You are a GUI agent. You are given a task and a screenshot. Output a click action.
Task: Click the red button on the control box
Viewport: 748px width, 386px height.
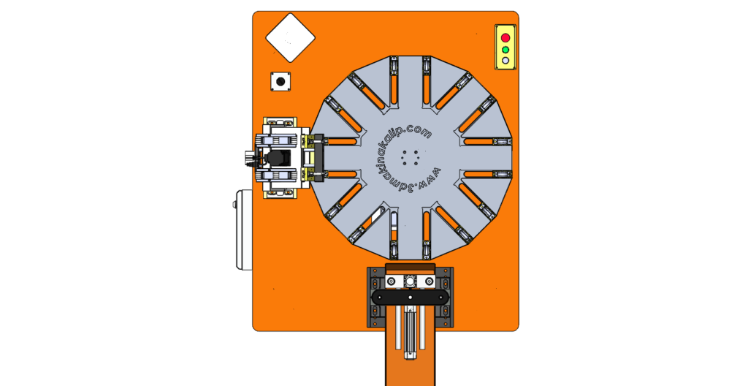pos(505,38)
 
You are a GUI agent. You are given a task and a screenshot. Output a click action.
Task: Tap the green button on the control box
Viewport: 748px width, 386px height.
pos(505,50)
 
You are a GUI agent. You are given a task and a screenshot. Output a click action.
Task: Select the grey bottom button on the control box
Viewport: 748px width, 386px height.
pos(505,61)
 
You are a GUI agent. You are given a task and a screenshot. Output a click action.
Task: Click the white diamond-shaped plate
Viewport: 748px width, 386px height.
pos(291,38)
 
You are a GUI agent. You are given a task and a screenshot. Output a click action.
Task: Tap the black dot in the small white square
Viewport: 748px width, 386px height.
pos(280,81)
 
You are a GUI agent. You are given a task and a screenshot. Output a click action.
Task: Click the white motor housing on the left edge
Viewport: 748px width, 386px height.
pos(244,230)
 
